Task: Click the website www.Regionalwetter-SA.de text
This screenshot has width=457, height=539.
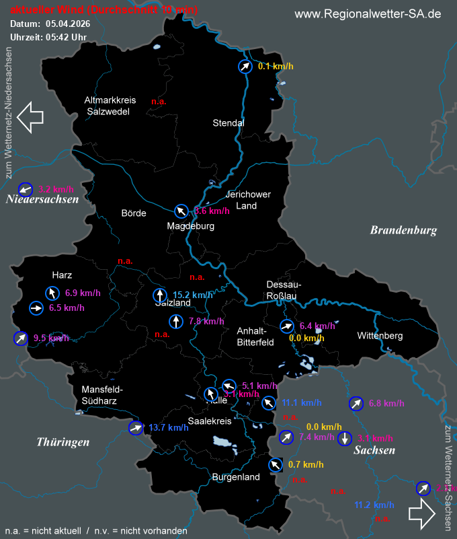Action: tap(368, 14)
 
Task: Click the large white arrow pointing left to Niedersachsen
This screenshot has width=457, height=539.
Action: tap(30, 116)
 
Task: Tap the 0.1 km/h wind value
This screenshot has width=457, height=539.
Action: tap(276, 67)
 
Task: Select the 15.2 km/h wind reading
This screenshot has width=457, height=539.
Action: tap(193, 295)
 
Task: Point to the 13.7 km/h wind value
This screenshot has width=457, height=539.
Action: tap(168, 427)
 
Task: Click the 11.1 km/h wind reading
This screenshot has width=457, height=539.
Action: tap(301, 403)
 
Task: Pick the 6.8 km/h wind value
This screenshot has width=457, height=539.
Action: tap(386, 404)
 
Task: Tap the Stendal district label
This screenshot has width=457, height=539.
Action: tap(229, 123)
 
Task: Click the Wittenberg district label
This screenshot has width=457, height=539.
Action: tap(380, 336)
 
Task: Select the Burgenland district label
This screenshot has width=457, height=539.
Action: tap(235, 477)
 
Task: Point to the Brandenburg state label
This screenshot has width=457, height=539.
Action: tap(403, 230)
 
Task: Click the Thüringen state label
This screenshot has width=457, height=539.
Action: tap(63, 441)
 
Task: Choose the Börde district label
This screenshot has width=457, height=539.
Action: tap(134, 213)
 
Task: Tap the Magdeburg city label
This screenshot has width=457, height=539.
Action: tap(191, 226)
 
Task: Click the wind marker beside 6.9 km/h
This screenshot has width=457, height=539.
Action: tap(52, 293)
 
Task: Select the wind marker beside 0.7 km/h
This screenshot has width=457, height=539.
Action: tap(275, 465)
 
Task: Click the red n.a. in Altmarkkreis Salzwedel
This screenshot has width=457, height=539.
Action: tap(159, 102)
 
